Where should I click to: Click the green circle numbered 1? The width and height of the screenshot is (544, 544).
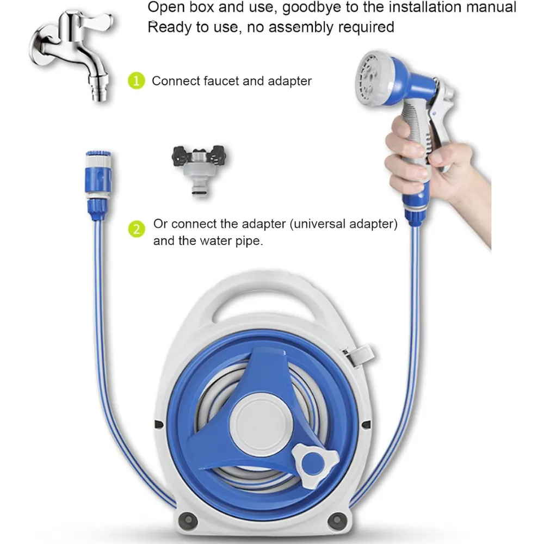point(137,81)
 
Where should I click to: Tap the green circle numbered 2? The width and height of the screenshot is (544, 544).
point(137,230)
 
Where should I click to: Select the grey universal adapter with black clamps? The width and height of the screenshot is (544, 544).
point(199,170)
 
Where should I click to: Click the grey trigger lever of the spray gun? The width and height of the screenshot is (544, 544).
point(441,125)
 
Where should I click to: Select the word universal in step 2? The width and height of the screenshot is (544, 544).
point(319,224)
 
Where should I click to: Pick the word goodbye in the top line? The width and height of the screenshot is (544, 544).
point(311,8)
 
